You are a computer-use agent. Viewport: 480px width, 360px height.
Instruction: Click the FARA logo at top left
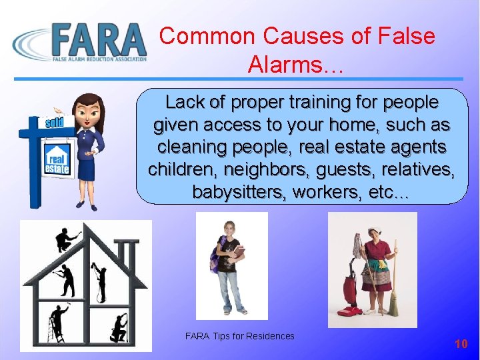(x=80, y=41)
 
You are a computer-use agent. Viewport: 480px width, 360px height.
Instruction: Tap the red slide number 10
(x=461, y=344)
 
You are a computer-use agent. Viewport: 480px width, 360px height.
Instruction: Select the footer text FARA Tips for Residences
(x=239, y=336)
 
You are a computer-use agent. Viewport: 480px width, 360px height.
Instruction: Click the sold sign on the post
(x=55, y=123)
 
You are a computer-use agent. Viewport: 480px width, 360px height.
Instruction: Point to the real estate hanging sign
(x=57, y=161)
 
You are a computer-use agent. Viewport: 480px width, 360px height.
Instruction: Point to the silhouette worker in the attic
(x=67, y=240)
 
